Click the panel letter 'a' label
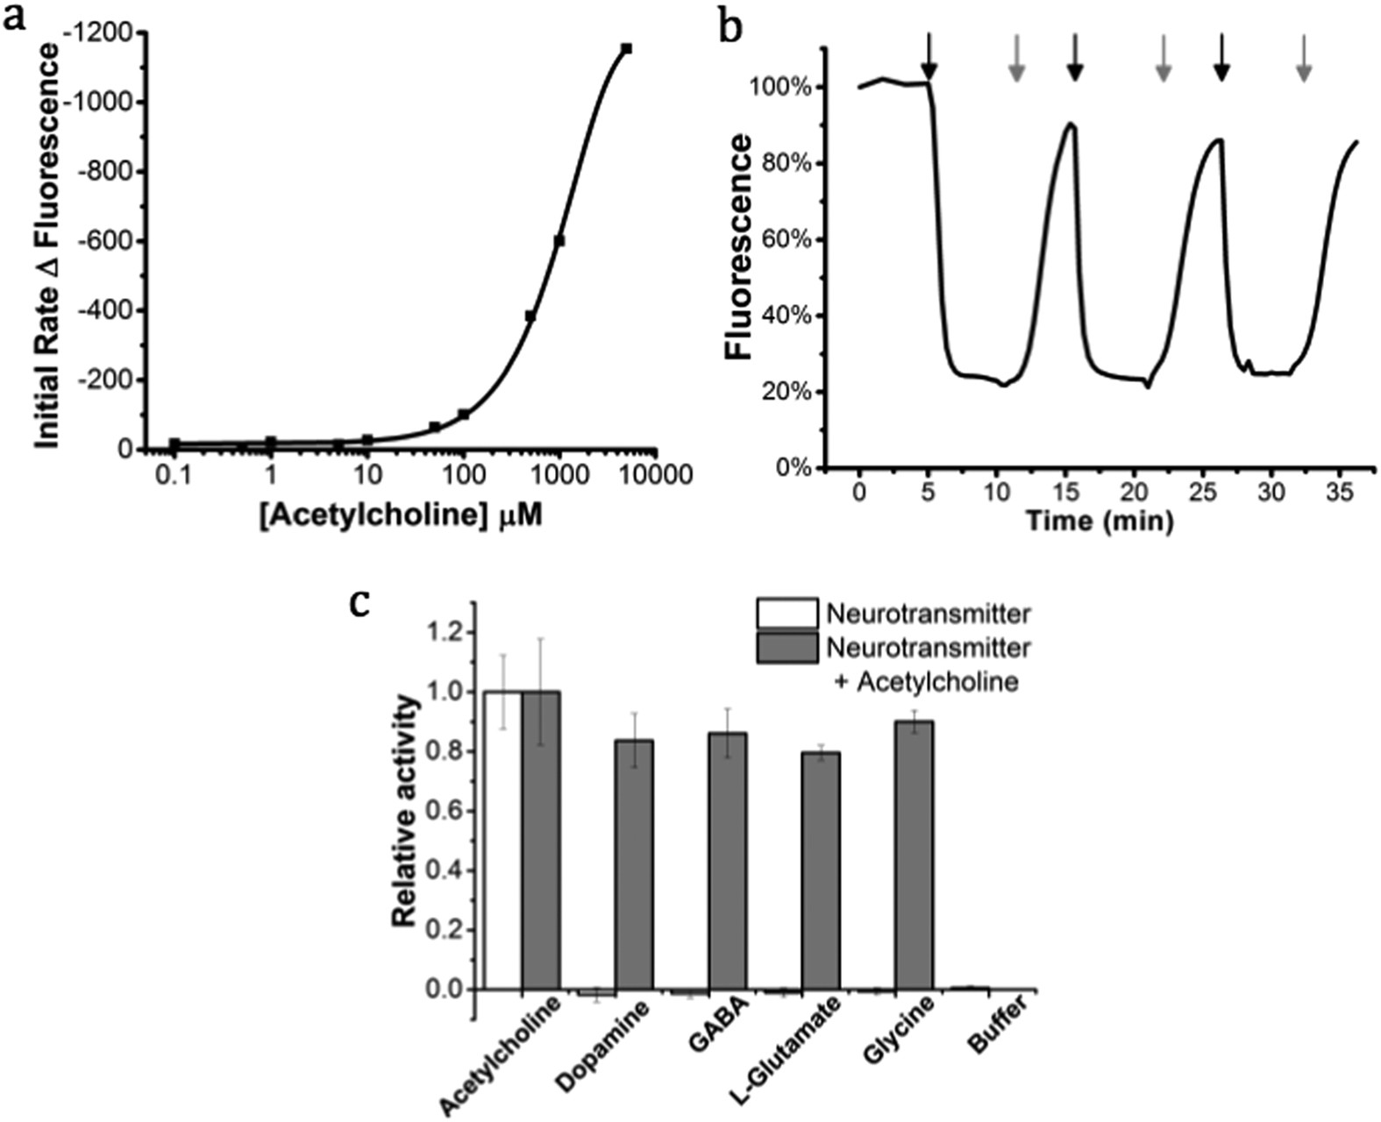(x=15, y=18)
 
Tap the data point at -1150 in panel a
(x=626, y=49)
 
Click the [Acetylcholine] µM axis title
(x=400, y=516)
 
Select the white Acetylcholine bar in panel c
(x=502, y=840)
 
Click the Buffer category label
(x=997, y=1035)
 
